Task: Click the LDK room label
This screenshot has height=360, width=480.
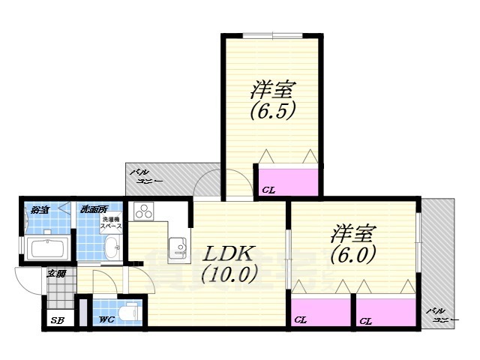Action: [x=223, y=253]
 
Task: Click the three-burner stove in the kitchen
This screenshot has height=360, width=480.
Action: [x=142, y=211]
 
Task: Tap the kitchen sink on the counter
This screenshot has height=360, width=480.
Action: [x=177, y=246]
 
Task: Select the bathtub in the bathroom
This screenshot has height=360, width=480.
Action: [x=48, y=247]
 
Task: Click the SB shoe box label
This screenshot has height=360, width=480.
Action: [x=57, y=321]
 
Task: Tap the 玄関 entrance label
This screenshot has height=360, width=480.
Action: [x=56, y=274]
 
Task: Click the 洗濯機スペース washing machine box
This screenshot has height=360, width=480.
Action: [x=112, y=223]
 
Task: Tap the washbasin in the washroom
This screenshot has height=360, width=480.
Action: [x=112, y=244]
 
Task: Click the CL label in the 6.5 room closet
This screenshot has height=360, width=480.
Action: [x=268, y=190]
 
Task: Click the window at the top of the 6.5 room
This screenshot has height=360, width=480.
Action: [x=272, y=35]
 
